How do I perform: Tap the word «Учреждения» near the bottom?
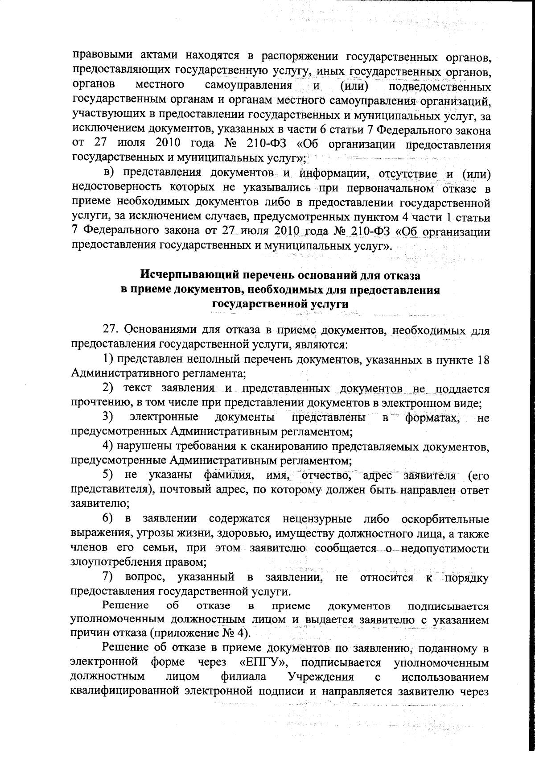tap(321, 689)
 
